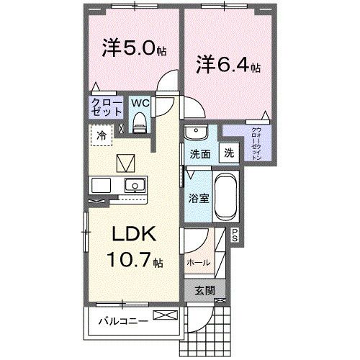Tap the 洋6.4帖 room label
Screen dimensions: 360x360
pyautogui.click(x=228, y=66)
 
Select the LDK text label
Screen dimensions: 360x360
pyautogui.click(x=132, y=235)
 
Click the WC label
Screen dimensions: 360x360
pyautogui.click(x=140, y=103)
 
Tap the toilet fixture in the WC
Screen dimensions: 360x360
pyautogui.click(x=140, y=122)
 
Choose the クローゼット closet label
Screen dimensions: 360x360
pyautogui.click(x=105, y=108)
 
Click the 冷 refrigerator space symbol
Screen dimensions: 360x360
pyautogui.click(x=102, y=135)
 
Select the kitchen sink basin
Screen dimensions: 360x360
pyautogui.click(x=133, y=186)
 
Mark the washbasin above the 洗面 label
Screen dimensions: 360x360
pyautogui.click(x=194, y=133)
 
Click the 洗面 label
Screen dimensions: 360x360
pyautogui.click(x=199, y=153)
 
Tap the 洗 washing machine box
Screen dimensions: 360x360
pyautogui.click(x=228, y=153)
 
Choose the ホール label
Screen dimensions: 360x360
pyautogui.click(x=198, y=263)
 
